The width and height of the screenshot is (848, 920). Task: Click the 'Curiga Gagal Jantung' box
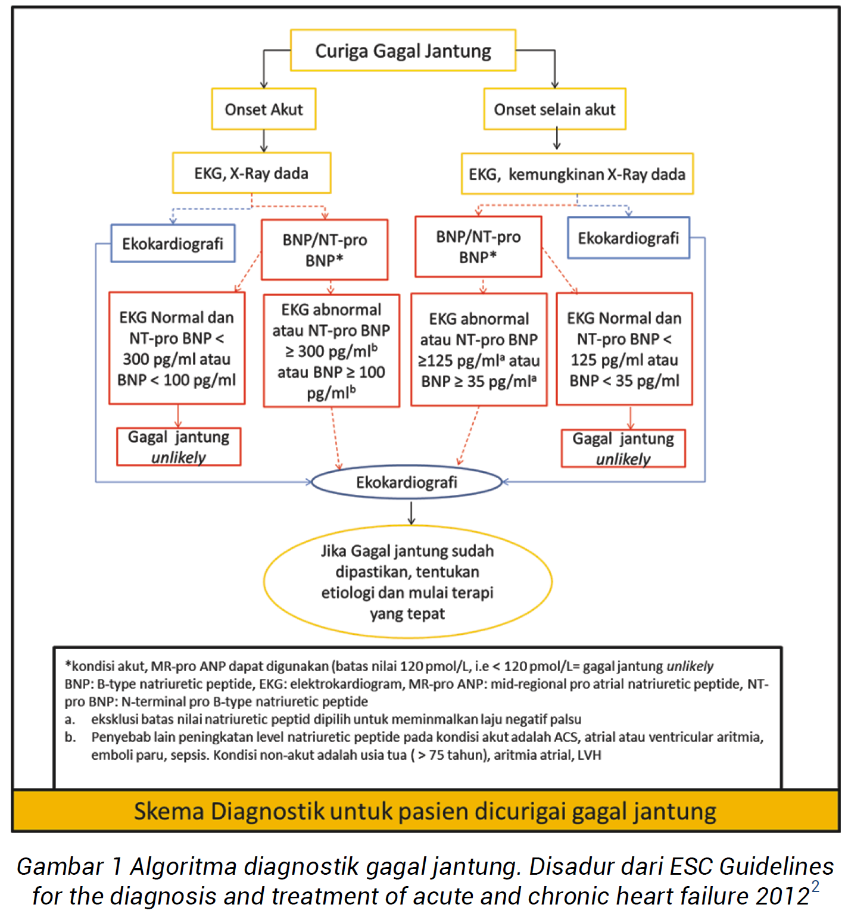pos(403,51)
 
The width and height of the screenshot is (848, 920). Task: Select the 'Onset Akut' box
pos(264,110)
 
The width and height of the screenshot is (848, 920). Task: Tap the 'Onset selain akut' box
pos(554,110)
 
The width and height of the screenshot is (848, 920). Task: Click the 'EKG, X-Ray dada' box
pos(251,173)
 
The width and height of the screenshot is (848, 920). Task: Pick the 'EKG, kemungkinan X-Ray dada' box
pos(576,174)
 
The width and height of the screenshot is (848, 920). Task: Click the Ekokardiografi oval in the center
pos(407,482)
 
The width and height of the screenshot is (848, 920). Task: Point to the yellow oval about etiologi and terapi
pos(407,582)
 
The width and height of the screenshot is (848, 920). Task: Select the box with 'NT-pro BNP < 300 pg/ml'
pos(177,348)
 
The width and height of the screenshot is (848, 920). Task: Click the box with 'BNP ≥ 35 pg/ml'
pos(479,350)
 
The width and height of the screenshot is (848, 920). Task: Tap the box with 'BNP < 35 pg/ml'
pos(624,349)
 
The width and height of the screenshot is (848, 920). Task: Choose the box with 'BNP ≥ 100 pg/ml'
pos(331,351)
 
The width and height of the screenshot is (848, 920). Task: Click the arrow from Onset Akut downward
pos(264,142)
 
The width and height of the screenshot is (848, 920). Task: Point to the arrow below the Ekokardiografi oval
pos(411,513)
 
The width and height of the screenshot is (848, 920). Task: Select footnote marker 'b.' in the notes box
pos(70,737)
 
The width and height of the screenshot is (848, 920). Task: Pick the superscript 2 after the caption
pos(815,887)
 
